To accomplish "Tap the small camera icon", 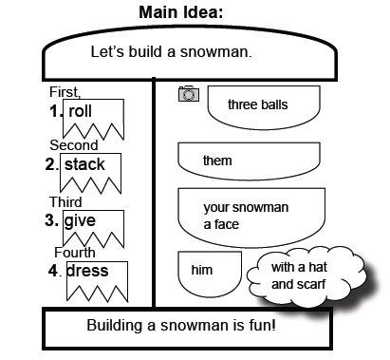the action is tap(188, 93).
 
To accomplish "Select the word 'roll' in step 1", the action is tap(81, 111).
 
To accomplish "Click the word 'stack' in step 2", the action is tap(84, 165).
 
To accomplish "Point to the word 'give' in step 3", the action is tap(81, 220).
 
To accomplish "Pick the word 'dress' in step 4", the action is tap(87, 271).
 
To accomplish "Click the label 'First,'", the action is tap(65, 91).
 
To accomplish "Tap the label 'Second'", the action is tap(73, 145).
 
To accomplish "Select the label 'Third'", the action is tap(65, 201).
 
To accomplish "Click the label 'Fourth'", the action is tap(75, 253).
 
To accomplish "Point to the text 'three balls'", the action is tap(258, 104).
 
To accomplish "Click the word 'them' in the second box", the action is tap(217, 161).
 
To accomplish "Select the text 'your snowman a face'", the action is tap(245, 216).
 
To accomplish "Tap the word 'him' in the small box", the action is tap(202, 270).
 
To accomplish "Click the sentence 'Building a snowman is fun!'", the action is tap(181, 326).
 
